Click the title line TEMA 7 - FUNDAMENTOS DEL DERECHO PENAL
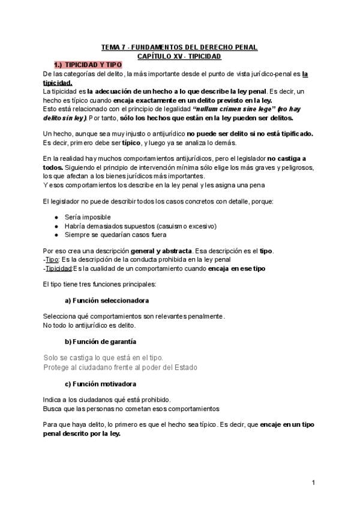coord(179,47)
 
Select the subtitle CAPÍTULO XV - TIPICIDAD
coord(179,55)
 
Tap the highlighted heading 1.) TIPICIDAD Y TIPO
coord(88,64)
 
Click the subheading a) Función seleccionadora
coord(107,300)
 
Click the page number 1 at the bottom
coord(314,483)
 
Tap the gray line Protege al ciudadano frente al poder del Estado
coord(120,367)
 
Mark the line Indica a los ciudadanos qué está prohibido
coord(107,399)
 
